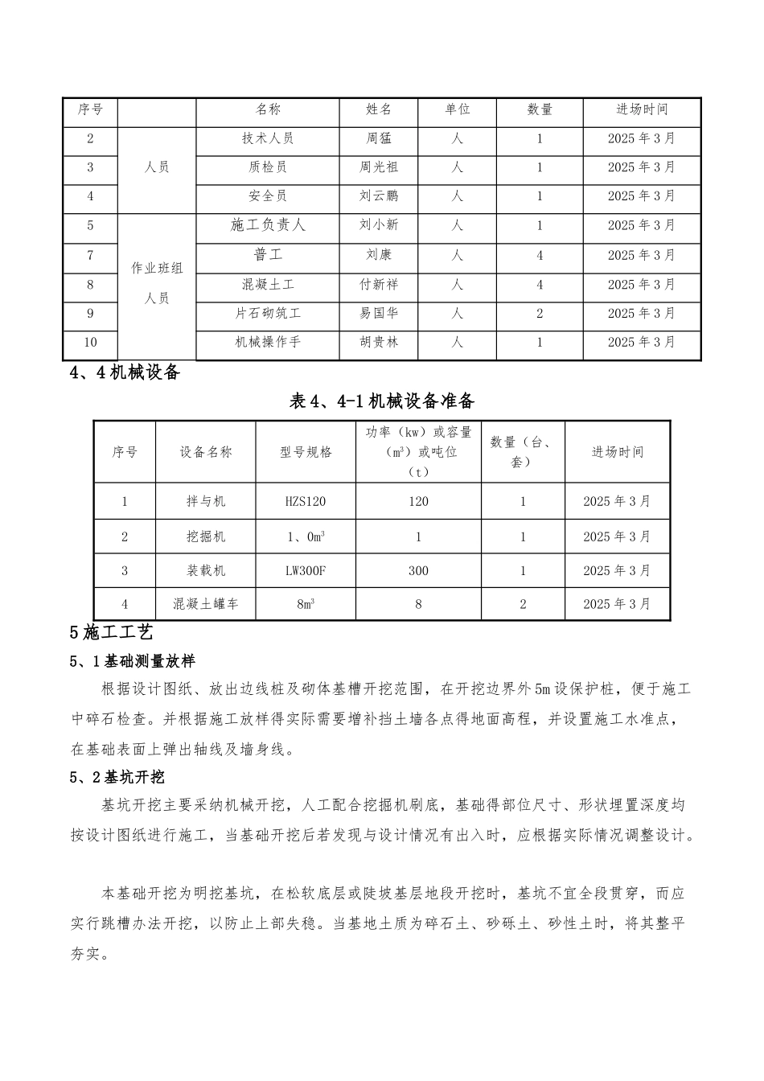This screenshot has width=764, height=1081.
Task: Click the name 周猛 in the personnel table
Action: click(378, 138)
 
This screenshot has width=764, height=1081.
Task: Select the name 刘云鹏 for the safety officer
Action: click(378, 196)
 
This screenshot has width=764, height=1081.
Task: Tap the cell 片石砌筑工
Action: click(268, 313)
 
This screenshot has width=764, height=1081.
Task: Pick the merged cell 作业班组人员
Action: click(157, 283)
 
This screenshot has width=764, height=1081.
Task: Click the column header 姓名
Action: click(378, 109)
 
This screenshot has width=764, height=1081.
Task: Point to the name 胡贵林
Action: click(378, 342)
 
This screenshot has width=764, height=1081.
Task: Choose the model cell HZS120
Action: click(306, 501)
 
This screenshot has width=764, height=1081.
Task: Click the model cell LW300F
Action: click(306, 570)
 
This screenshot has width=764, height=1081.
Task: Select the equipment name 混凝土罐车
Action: click(206, 603)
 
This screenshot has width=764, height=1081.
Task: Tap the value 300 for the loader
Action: click(418, 570)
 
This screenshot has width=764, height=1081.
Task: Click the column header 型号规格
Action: click(306, 452)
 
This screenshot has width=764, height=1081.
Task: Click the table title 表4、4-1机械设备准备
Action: click(382, 401)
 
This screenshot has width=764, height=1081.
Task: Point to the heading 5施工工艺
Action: click(111, 633)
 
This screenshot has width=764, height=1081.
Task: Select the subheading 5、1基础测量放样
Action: click(133, 661)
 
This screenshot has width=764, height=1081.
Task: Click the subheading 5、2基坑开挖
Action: click(117, 777)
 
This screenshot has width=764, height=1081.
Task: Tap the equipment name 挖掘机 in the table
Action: click(206, 536)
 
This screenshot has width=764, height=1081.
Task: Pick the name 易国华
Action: click(378, 313)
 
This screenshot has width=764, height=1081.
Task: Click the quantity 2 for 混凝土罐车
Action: click(523, 603)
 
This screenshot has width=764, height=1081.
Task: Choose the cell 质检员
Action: click(268, 167)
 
